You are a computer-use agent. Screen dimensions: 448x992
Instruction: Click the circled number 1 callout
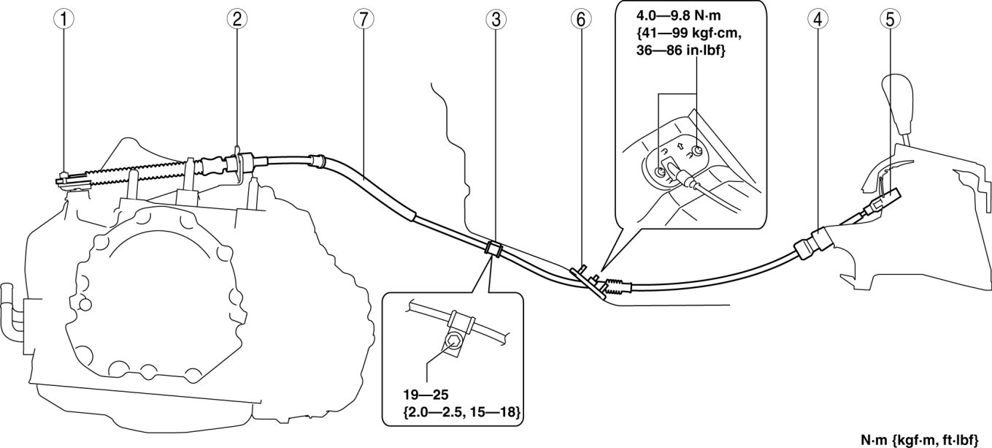[66, 20]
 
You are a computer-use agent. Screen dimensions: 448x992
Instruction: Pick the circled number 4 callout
[818, 20]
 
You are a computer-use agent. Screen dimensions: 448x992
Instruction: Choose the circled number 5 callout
[890, 20]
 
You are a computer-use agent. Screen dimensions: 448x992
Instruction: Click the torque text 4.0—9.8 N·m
[679, 15]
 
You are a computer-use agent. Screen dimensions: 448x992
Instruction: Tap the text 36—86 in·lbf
[680, 53]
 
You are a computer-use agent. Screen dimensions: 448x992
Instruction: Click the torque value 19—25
[423, 399]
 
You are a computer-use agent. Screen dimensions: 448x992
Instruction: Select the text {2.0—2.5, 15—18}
[462, 414]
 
